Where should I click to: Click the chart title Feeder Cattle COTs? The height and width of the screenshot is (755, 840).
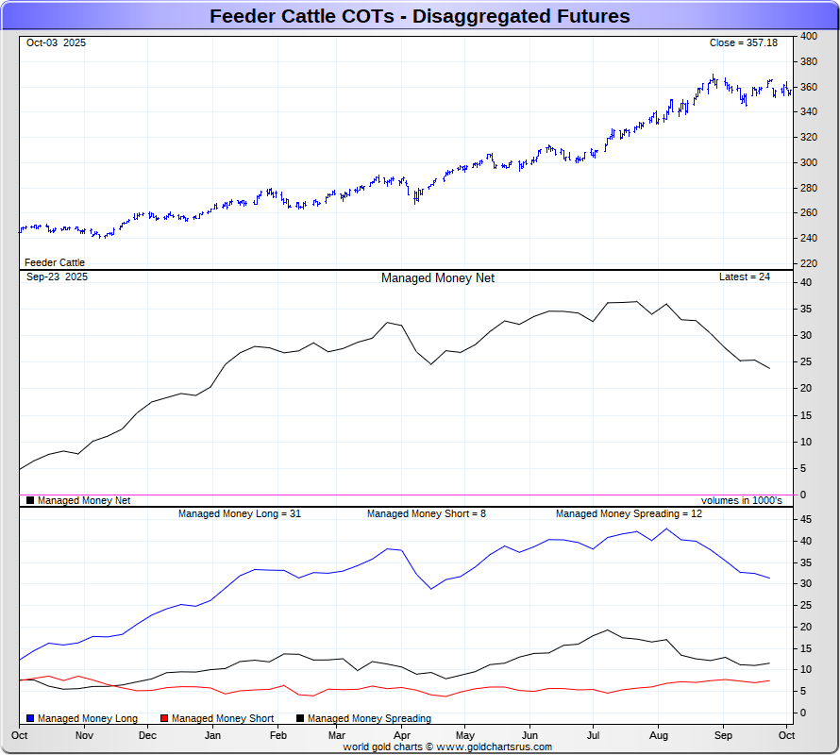pyautogui.click(x=419, y=16)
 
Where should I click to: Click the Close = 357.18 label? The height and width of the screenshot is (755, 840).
pyautogui.click(x=744, y=43)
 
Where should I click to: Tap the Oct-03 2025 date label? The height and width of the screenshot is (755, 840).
pyautogui.click(x=56, y=43)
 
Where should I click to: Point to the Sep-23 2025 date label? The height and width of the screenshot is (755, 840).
pyautogui.click(x=57, y=277)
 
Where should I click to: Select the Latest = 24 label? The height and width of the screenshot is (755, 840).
pyautogui.click(x=745, y=277)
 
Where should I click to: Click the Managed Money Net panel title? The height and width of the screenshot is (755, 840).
pyautogui.click(x=437, y=278)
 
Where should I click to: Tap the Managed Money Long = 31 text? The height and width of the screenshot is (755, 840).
pyautogui.click(x=240, y=514)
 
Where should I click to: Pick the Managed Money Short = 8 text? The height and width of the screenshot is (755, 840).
pyautogui.click(x=426, y=514)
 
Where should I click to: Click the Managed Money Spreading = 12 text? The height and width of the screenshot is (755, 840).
pyautogui.click(x=629, y=514)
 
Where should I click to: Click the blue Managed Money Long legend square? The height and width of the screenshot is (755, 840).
pyautogui.click(x=30, y=719)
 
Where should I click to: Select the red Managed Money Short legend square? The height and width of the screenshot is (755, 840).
pyautogui.click(x=165, y=719)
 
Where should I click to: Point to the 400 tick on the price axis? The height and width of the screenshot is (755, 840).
pyautogui.click(x=809, y=37)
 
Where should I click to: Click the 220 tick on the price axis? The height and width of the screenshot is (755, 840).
pyautogui.click(x=809, y=262)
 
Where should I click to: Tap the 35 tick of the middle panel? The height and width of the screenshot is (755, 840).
pyautogui.click(x=806, y=309)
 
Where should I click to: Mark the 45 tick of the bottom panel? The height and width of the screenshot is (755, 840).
pyautogui.click(x=806, y=520)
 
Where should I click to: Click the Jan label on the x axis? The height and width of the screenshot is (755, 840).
pyautogui.click(x=212, y=735)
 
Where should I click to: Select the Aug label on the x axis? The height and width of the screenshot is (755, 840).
pyautogui.click(x=659, y=735)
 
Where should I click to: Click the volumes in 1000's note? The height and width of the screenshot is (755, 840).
pyautogui.click(x=741, y=501)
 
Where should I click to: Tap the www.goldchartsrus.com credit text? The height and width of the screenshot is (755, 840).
pyautogui.click(x=447, y=747)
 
